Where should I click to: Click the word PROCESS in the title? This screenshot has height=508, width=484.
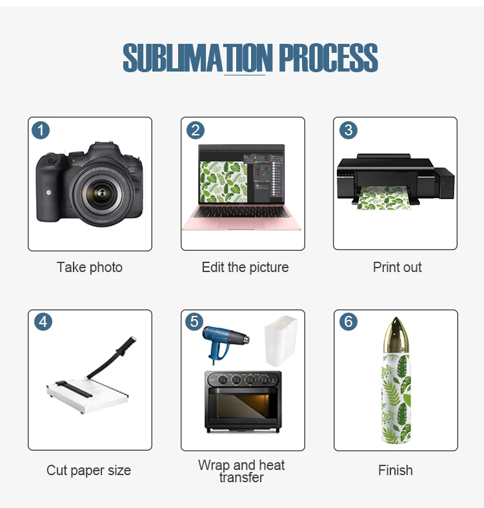click(x=328, y=59)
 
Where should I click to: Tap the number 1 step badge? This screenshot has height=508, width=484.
click(x=41, y=130)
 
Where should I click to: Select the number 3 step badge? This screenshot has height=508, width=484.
click(x=348, y=130)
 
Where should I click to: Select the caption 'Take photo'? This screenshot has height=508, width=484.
click(x=90, y=267)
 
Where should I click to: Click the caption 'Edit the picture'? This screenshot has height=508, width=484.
click(x=245, y=267)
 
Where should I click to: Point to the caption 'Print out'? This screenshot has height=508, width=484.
click(x=397, y=267)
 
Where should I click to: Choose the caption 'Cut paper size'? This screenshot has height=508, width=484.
click(x=88, y=471)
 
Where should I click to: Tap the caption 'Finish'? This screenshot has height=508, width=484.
click(x=396, y=471)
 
